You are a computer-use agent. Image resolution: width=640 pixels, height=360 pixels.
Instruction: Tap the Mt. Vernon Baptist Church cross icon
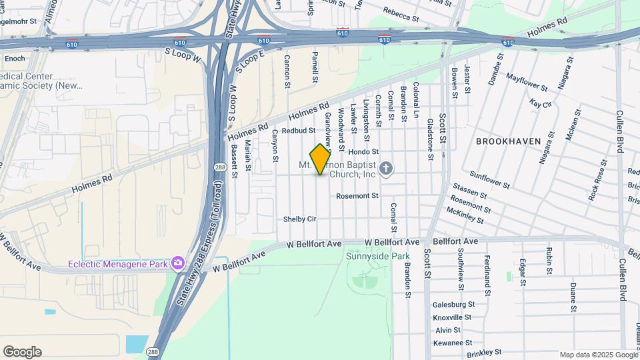point(386,169)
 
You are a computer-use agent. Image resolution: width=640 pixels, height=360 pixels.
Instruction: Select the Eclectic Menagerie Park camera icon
point(178,264)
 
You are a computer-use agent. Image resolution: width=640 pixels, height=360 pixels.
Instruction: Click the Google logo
point(22,352)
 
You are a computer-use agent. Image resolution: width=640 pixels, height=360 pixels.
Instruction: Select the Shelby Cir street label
point(299,219)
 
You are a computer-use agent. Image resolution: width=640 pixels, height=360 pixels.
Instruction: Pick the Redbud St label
point(298,131)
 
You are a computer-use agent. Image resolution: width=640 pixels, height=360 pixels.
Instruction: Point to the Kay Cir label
point(541,104)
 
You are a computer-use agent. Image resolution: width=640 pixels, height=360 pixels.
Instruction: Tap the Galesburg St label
point(453,305)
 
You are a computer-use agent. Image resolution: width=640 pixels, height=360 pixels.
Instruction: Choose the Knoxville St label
point(453,317)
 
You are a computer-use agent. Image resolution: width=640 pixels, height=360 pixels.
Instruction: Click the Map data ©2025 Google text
point(599,355)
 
